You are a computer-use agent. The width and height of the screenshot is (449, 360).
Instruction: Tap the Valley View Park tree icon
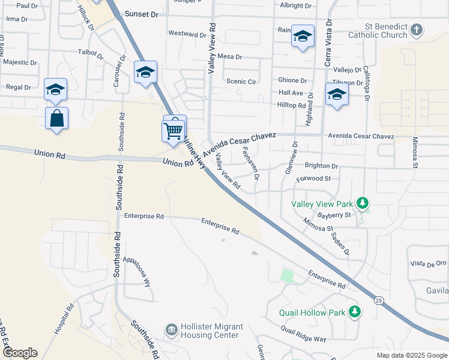[362, 203]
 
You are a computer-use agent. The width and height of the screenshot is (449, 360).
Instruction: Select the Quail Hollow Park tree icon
[355, 312]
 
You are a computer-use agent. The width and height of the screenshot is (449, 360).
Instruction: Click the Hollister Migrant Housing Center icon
[171, 330]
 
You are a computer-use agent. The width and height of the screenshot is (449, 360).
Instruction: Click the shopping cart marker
[173, 130]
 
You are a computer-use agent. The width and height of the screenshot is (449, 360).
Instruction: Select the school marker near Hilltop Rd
[337, 94]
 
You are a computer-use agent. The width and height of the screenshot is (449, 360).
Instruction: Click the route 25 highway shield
[378, 300]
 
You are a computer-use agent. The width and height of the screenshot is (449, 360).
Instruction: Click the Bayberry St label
[334, 214]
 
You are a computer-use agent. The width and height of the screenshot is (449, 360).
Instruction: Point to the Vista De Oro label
[428, 263]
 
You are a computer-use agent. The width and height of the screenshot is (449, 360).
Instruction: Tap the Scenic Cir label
[241, 81]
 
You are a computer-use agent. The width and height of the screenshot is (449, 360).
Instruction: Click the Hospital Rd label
[64, 319]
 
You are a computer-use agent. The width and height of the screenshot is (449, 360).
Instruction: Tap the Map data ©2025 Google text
[411, 355]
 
